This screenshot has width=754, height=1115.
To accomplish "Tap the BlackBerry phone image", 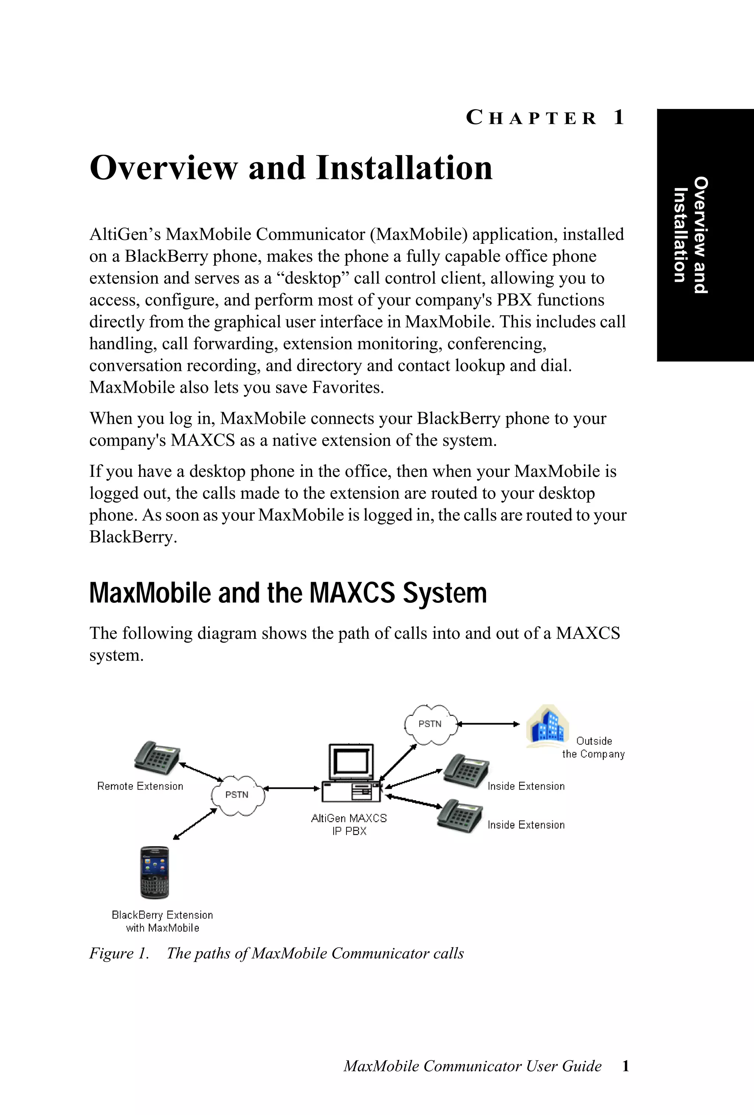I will tap(155, 872).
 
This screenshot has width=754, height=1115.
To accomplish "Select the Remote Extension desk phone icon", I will tap(157, 757).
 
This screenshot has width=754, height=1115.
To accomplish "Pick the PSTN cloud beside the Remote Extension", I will tap(237, 795).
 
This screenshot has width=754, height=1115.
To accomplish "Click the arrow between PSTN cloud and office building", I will tap(488, 724).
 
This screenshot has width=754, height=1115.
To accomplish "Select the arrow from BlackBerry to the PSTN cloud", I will tap(195, 824).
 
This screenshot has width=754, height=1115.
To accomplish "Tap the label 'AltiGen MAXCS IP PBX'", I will tap(349, 824).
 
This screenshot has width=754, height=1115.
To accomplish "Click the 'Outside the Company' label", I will tap(593, 747).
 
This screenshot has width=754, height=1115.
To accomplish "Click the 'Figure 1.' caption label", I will tap(119, 953).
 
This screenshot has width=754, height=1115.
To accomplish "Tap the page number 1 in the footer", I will tap(625, 1066).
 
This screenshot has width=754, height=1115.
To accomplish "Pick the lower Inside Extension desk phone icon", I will tap(459, 815).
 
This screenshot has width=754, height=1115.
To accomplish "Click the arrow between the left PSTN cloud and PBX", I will tap(292, 788).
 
